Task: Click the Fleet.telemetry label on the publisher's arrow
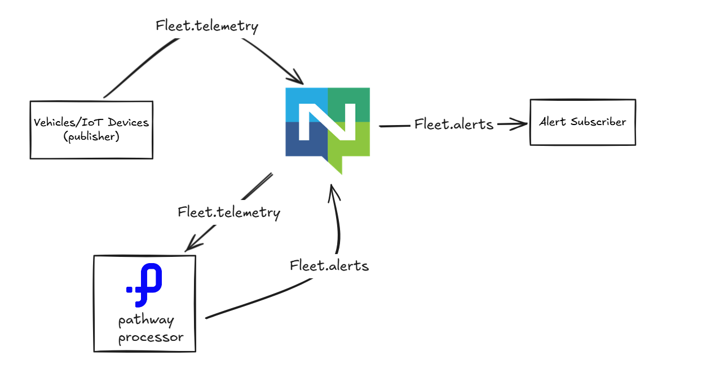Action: (x=207, y=26)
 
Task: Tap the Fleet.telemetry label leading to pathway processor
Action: (x=228, y=212)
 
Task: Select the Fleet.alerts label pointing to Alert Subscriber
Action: (x=453, y=125)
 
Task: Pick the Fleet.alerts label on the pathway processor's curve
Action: (x=329, y=265)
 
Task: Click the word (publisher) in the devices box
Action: (x=91, y=136)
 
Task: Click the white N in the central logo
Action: (x=327, y=122)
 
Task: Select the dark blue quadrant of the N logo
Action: (x=299, y=144)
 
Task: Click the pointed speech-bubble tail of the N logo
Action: (x=335, y=166)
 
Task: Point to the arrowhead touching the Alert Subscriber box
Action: (x=519, y=125)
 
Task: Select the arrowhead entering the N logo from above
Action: (x=297, y=78)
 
